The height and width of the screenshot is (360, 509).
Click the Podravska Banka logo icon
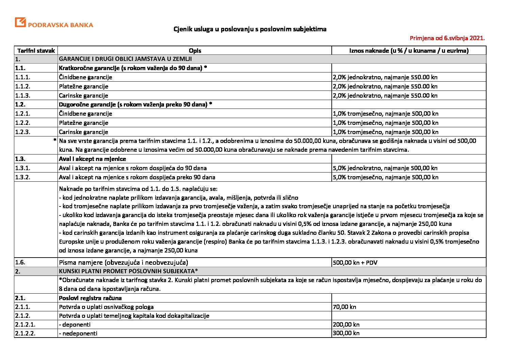point(20,22)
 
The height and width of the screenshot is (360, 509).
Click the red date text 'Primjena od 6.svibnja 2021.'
point(447,38)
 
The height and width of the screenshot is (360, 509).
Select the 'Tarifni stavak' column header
point(36,51)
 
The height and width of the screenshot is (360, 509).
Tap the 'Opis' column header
point(195,51)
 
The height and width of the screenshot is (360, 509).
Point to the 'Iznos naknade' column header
point(409,51)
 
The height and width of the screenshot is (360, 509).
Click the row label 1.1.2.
point(23,86)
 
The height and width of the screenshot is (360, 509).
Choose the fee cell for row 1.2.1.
point(385,114)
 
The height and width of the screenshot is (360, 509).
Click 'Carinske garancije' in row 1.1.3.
point(83,96)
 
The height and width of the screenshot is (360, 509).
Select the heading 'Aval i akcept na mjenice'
point(92,159)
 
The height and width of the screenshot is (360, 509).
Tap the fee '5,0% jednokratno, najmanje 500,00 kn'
point(385,168)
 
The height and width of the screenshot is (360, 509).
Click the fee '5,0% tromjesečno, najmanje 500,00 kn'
point(385,177)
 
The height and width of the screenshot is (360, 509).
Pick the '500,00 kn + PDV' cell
point(355,263)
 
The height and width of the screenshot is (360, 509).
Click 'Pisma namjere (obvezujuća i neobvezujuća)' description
point(124,262)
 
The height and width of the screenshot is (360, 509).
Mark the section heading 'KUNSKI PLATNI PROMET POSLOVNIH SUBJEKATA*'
point(128,271)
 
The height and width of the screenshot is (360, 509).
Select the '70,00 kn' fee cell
point(344,307)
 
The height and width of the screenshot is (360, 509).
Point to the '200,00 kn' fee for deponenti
point(346,325)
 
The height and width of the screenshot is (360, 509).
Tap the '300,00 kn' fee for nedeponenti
point(346,333)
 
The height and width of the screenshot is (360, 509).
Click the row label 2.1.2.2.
point(25,333)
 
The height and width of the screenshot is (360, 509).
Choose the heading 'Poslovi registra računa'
point(90,298)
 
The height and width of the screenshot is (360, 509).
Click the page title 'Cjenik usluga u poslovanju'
point(250,29)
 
